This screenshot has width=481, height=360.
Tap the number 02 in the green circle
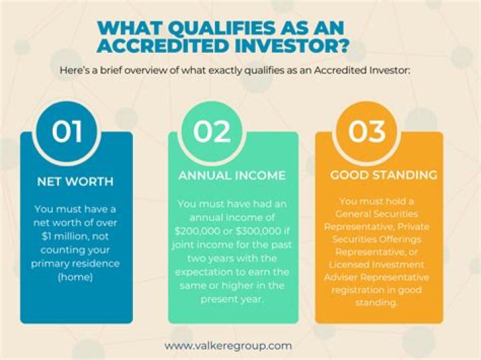(212, 132)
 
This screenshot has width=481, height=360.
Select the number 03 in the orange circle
(367, 132)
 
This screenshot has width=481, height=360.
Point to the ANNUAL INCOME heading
(232, 176)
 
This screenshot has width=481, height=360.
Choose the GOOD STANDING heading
(383, 176)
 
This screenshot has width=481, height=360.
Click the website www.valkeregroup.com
(228, 345)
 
